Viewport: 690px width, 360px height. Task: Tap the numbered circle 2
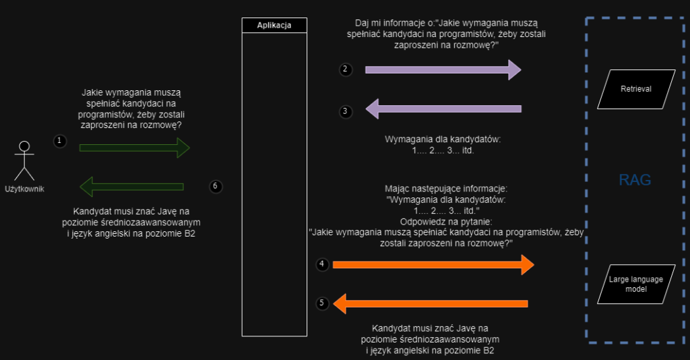click(x=345, y=69)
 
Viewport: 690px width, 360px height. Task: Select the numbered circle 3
click(x=345, y=111)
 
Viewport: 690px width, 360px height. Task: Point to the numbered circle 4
click(x=322, y=264)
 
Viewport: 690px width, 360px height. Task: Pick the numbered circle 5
click(x=322, y=303)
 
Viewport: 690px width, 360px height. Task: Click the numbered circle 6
click(x=215, y=187)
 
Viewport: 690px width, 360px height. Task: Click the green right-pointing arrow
click(x=134, y=147)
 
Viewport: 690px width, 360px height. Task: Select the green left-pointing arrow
click(x=132, y=187)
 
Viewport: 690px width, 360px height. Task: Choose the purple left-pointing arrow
click(x=443, y=108)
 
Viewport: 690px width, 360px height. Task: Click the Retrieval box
click(x=635, y=88)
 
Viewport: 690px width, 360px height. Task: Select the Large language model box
click(x=636, y=284)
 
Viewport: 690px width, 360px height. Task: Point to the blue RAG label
click(x=635, y=180)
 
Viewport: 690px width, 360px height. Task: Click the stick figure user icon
click(x=25, y=159)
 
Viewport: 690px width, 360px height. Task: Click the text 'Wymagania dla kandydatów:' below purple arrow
click(x=443, y=140)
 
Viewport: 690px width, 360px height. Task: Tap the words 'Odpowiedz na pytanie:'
click(x=443, y=220)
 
